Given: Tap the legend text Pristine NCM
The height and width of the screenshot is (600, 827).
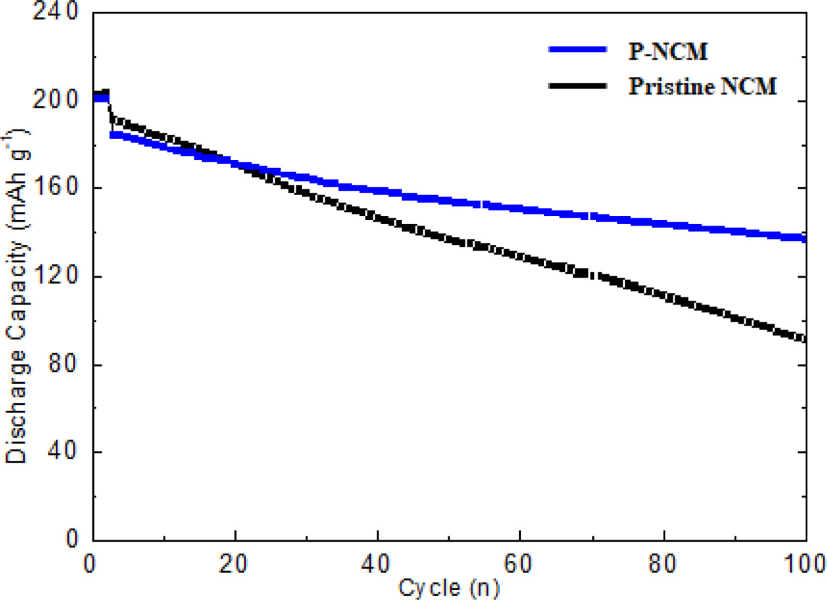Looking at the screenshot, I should (702, 86).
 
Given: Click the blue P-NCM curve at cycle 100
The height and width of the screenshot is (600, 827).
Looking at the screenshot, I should (804, 238).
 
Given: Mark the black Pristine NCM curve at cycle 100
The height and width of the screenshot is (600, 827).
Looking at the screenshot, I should (804, 339).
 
